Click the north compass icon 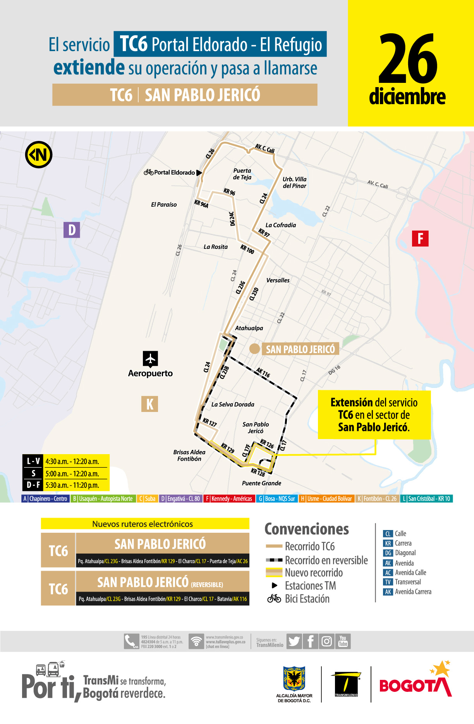pos(39,155)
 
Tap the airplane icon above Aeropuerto pos(150,359)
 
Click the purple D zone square pos(72,230)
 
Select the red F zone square pos(420,238)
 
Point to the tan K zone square pos(149,404)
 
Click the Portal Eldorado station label pos(174,173)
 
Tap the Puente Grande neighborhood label pos(261,483)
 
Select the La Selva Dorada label pos(233,404)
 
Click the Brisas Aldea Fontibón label pos(189,455)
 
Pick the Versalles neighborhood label pos(278,280)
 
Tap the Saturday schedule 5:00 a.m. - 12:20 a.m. pos(72,474)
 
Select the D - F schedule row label pos(33,485)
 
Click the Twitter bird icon pos(294,642)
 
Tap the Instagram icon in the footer pos(327,642)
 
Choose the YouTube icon pos(343,641)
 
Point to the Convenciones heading pos(307,529)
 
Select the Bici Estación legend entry pos(307,599)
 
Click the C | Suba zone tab pos(147,499)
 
